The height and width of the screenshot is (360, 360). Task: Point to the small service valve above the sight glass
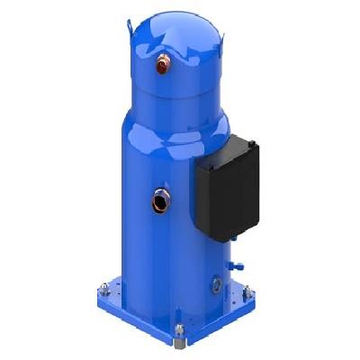click(x=232, y=266)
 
